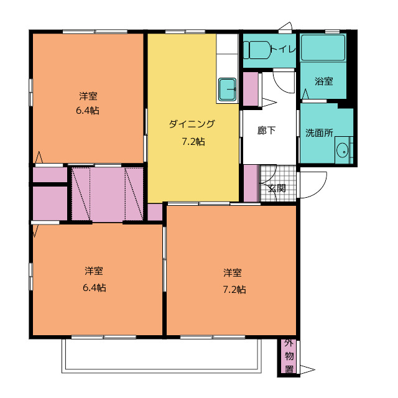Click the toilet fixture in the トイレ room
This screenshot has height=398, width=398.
coord(257,50)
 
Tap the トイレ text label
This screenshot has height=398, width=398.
coord(284,49)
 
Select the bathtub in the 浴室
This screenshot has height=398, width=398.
coord(323,48)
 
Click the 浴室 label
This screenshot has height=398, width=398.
coord(323,81)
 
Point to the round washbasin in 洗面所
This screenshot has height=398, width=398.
coord(342,150)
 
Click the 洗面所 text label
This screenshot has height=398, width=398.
coord(319,132)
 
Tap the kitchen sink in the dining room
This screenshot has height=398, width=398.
coord(228,89)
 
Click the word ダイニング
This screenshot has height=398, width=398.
coord(192,124)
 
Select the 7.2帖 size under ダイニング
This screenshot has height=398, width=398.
coord(193,142)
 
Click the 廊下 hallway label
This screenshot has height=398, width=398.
coord(266,131)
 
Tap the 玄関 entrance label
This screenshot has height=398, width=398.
coord(277,188)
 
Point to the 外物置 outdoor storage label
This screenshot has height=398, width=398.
coord(289,356)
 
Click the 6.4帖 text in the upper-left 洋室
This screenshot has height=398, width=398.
coord(88,111)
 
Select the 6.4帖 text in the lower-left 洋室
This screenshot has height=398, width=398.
coord(95,288)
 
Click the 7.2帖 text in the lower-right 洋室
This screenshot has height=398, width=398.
coord(234,290)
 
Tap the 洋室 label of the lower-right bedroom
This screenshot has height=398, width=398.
coord(232,273)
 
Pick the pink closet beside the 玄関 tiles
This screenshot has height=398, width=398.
coord(251,183)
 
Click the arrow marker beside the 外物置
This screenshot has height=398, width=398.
coord(307,369)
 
